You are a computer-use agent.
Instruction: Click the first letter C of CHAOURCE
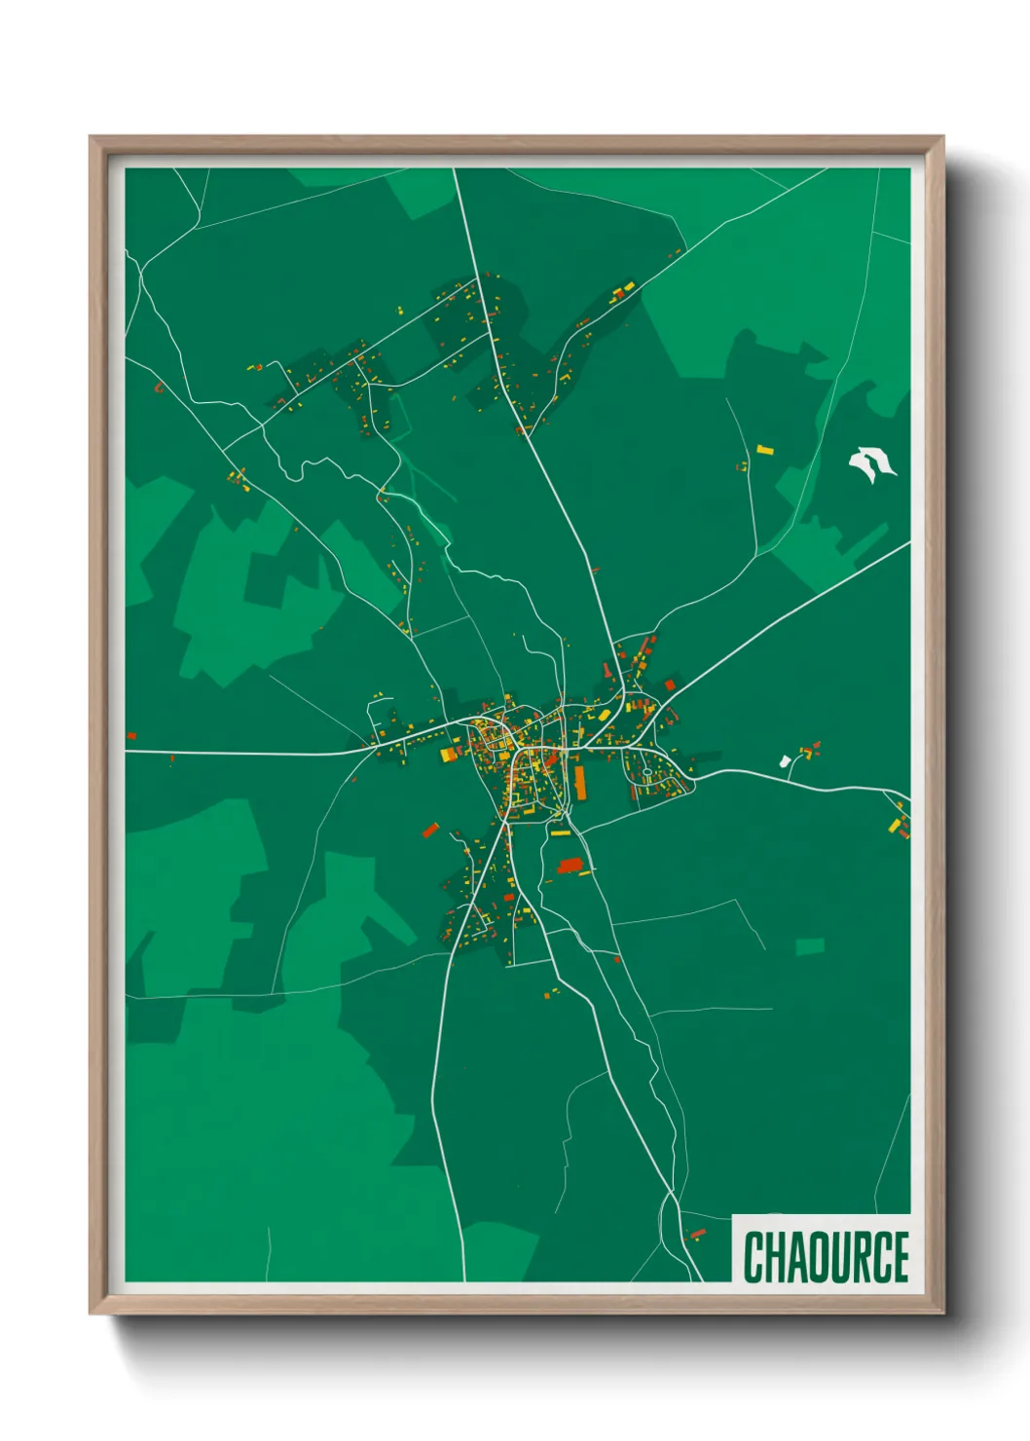[754, 1257]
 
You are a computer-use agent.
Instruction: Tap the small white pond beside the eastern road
[785, 760]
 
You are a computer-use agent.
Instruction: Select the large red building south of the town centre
[570, 866]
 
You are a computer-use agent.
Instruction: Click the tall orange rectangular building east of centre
[580, 782]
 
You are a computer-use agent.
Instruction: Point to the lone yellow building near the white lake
[764, 450]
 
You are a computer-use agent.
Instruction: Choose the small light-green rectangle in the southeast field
[810, 946]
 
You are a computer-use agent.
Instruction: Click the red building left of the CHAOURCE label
[697, 1234]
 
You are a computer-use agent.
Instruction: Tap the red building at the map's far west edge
[131, 736]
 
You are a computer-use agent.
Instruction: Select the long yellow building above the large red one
[559, 832]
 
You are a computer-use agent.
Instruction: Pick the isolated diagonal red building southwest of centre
[430, 831]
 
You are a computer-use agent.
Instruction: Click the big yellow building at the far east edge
[894, 826]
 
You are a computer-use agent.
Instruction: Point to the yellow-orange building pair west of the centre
[450, 753]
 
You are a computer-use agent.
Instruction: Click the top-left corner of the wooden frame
[92, 138]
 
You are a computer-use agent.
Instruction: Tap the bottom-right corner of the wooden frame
[942, 1312]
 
